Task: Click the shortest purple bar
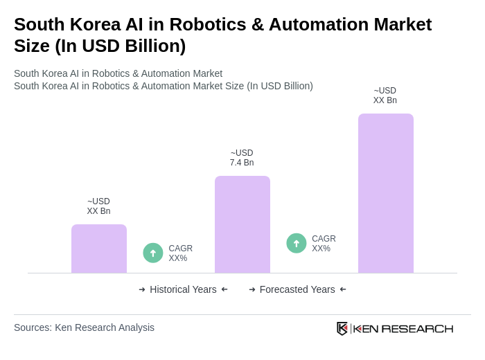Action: [99, 249]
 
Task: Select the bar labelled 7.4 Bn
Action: [242, 224]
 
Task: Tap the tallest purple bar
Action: [385, 193]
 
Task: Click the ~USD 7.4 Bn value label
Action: [242, 158]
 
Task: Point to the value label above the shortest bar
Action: [98, 206]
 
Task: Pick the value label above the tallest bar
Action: [385, 96]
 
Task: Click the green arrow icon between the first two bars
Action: [153, 253]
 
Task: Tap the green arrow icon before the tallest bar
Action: [297, 243]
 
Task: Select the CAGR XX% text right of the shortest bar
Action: [180, 253]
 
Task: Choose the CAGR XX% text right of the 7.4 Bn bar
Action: [324, 244]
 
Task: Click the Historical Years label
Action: [183, 289]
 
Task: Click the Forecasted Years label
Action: [297, 289]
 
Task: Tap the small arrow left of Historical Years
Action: [142, 289]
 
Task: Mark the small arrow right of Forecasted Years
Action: [343, 289]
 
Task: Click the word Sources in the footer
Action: [32, 327]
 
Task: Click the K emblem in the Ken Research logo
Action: [342, 328]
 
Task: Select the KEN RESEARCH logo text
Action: [403, 328]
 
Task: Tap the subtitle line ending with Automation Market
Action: [118, 73]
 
